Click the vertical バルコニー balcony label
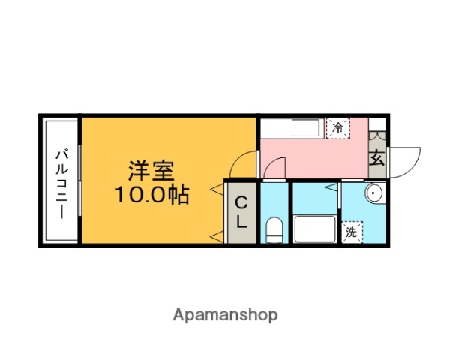61,181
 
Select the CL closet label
241,212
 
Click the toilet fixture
274,230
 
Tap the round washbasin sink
373,194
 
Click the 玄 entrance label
377,159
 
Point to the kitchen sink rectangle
307,127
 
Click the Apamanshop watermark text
225,315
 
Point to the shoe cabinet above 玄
377,138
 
